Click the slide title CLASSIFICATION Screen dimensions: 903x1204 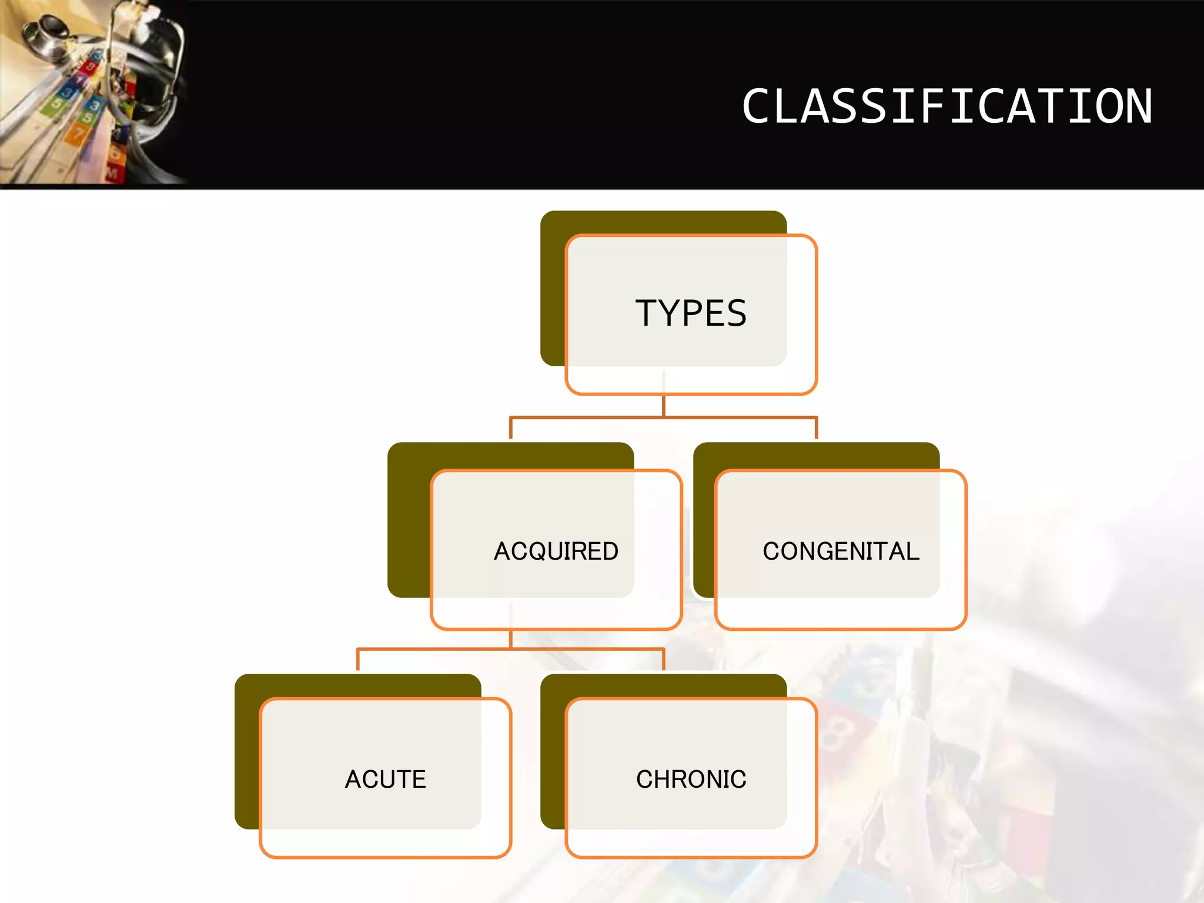coord(947,106)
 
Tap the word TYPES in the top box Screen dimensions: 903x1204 coord(691,313)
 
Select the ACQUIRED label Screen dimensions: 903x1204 coord(556,551)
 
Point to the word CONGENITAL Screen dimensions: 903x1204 coord(841,551)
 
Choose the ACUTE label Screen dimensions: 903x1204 coord(385,780)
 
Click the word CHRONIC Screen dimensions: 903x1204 coord(691,780)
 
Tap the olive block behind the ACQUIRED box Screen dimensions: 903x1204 coord(409,517)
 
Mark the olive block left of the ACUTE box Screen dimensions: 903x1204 coord(247,752)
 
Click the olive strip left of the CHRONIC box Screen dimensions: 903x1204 coord(553,758)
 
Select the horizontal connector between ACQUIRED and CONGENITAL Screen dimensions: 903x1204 coord(663,418)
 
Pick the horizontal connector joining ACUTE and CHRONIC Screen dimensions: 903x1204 coord(510,650)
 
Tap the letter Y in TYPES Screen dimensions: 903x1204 coord(674,313)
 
